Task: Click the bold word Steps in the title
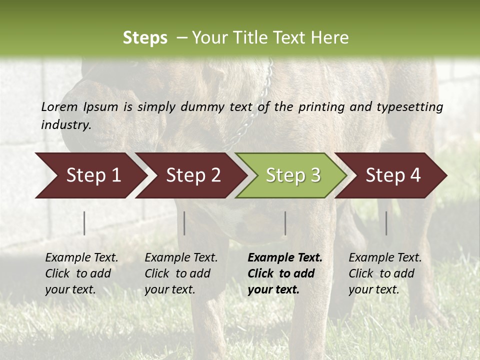coord(145,38)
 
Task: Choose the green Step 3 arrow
coord(293,175)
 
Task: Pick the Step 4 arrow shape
coord(393,175)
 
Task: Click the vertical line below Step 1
coord(84,223)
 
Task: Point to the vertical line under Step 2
coord(184,223)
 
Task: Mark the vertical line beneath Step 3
coord(285,223)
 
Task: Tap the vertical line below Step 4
coord(386,223)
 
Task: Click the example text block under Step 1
coord(81,273)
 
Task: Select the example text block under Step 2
coord(181,273)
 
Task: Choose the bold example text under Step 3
coord(285,273)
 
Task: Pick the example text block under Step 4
coord(385,273)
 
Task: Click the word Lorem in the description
coord(59,106)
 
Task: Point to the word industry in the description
coord(65,124)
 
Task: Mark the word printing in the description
coord(321,106)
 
